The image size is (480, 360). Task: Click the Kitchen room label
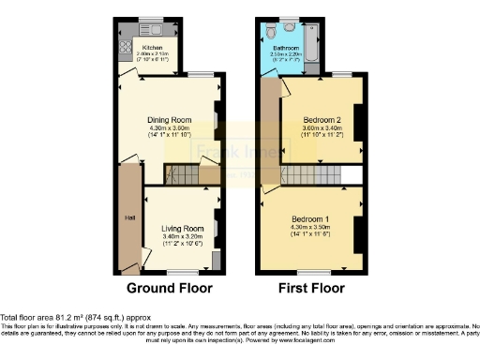(x=152, y=48)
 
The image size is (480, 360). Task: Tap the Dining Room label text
(x=169, y=120)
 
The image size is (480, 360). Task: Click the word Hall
(x=129, y=218)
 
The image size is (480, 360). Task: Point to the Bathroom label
(x=285, y=48)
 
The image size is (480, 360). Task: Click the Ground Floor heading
(x=169, y=288)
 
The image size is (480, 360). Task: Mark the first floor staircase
(x=313, y=175)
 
